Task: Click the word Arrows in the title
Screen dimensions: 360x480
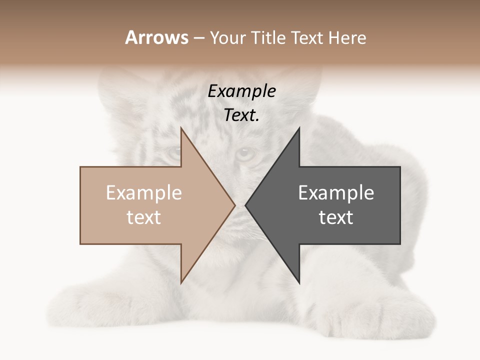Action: click(157, 37)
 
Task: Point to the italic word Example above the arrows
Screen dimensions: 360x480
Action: click(242, 91)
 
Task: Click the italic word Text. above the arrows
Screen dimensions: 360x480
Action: click(242, 115)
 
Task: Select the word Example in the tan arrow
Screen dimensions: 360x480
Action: click(144, 193)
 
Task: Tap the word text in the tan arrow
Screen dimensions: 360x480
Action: click(144, 217)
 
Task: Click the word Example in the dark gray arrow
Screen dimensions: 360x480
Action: click(336, 193)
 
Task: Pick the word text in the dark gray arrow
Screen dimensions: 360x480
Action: click(336, 217)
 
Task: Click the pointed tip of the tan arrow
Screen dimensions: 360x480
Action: click(234, 205)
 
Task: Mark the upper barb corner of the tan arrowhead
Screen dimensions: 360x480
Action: click(181, 128)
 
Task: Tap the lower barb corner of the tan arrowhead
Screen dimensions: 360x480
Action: click(181, 282)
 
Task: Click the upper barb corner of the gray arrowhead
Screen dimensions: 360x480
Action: click(299, 128)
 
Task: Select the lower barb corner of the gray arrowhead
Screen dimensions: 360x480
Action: click(299, 282)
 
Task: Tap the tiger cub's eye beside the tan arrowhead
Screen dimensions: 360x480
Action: click(174, 153)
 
